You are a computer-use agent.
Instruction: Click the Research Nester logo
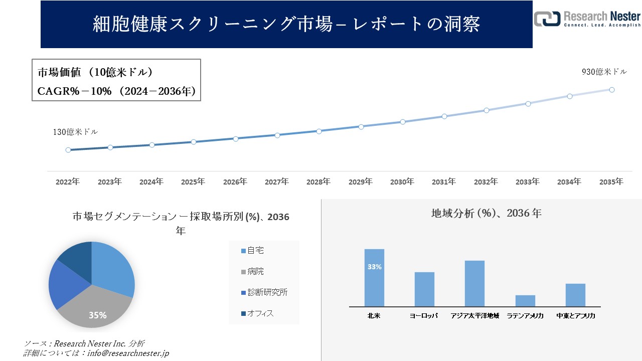(x=587, y=19)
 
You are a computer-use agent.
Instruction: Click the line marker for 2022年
(x=68, y=150)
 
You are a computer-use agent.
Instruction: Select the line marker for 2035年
(x=611, y=90)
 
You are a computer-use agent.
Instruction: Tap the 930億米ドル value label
(x=604, y=72)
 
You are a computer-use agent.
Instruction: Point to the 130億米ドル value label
(x=75, y=132)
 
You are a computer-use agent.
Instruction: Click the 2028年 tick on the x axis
(x=318, y=182)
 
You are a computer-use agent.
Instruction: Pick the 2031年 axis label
(x=444, y=182)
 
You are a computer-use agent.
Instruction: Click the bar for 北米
(x=374, y=278)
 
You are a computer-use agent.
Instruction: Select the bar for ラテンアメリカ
(x=525, y=301)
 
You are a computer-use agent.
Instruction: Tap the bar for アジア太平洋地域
(x=474, y=284)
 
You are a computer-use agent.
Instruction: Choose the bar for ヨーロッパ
(x=424, y=289)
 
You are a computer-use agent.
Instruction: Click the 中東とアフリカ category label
(x=576, y=316)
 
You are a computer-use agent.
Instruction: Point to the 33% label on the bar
(x=374, y=267)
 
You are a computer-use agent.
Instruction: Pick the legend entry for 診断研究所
(x=264, y=292)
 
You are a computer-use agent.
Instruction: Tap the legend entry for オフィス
(x=257, y=313)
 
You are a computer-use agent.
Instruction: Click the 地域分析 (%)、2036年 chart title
(x=486, y=213)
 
